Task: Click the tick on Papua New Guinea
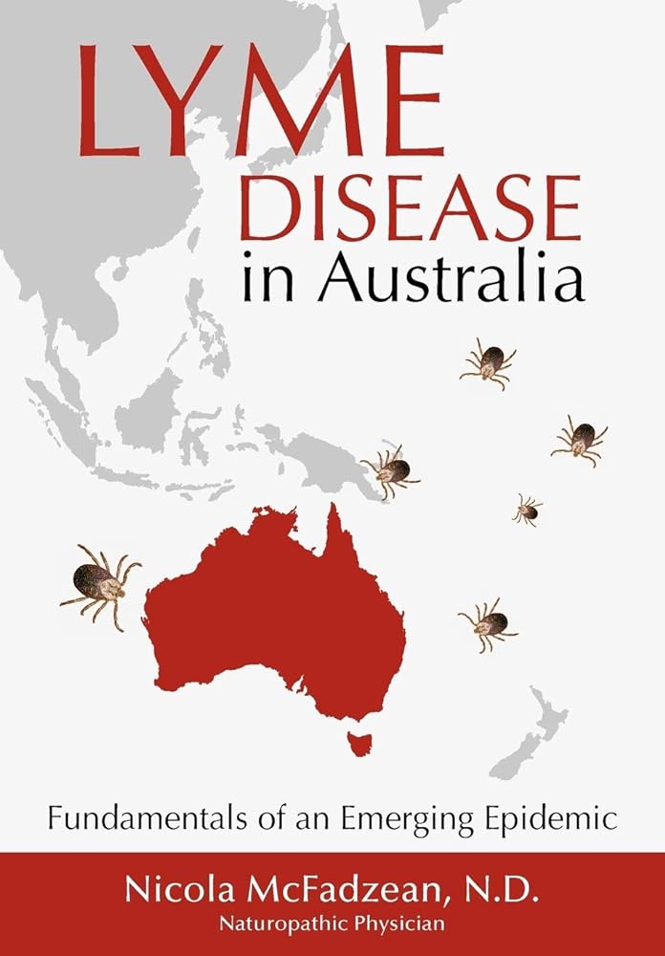pyautogui.click(x=390, y=470)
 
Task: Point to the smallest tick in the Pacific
pyautogui.click(x=526, y=510)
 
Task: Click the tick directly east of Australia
pyautogui.click(x=488, y=624)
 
